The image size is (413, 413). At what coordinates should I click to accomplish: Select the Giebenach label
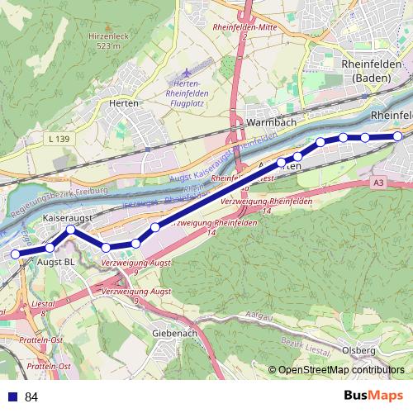click(x=173, y=334)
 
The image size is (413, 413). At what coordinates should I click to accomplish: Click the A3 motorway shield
click(x=379, y=182)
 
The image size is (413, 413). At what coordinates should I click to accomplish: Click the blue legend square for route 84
click(x=12, y=397)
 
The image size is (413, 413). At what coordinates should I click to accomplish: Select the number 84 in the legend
click(x=31, y=397)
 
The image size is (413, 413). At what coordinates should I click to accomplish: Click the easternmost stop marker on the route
click(x=397, y=136)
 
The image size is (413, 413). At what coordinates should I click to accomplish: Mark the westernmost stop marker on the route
click(x=15, y=254)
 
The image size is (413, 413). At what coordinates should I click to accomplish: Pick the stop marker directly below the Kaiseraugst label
click(x=71, y=230)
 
